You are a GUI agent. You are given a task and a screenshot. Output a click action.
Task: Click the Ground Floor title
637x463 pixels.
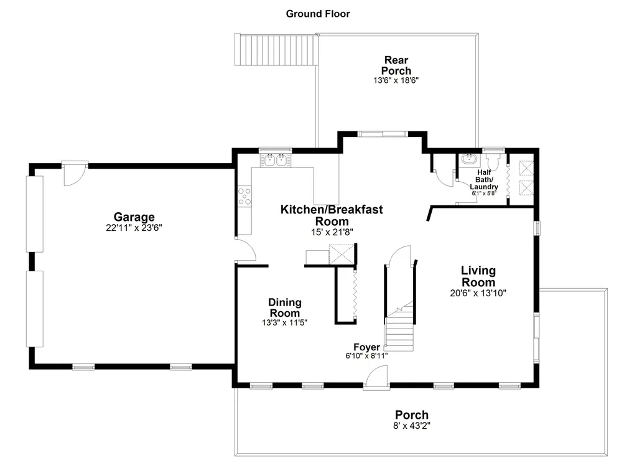(318, 14)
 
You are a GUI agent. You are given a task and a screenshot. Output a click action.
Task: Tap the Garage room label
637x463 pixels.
(134, 217)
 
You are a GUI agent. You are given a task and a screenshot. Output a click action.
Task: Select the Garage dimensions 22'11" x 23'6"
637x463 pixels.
(134, 228)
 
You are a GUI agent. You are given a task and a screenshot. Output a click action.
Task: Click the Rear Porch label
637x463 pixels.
(396, 65)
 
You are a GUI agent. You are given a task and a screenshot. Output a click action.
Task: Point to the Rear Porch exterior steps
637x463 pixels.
(276, 50)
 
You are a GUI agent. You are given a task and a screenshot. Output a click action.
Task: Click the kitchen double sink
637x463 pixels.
(276, 160)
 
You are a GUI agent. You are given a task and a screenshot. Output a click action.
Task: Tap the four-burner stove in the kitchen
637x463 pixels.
(244, 196)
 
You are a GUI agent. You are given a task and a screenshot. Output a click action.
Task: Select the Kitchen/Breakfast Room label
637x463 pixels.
(332, 215)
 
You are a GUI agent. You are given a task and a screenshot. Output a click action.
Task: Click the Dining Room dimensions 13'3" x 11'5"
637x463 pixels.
(285, 323)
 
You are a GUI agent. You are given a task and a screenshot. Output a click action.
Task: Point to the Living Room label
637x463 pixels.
(478, 276)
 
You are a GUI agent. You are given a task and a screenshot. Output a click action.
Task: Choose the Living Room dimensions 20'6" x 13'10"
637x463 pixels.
(478, 293)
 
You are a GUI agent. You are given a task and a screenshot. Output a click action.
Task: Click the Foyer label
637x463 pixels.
(367, 347)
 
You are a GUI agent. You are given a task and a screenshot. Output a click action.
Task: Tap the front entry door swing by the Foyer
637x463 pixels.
(376, 377)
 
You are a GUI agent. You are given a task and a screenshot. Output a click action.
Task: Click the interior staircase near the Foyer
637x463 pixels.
(399, 326)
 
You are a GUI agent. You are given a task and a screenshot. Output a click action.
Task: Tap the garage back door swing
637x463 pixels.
(75, 174)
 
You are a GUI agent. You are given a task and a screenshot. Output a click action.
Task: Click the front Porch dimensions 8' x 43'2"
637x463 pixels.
(412, 426)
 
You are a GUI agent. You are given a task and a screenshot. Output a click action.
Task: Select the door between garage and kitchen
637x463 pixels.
(245, 249)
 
